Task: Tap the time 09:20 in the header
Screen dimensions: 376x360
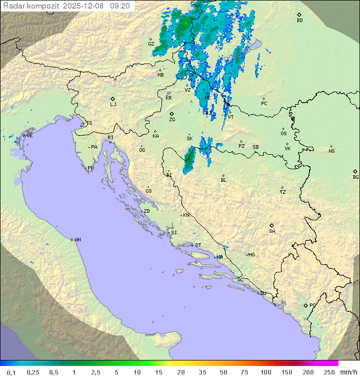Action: pyautogui.click(x=120, y=6)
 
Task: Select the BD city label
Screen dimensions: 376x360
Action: pyautogui.click(x=299, y=21)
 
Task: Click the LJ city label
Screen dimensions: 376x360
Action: pyautogui.click(x=113, y=105)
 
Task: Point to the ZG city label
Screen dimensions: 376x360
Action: pyautogui.click(x=172, y=120)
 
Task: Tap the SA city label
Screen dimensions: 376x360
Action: pyautogui.click(x=272, y=231)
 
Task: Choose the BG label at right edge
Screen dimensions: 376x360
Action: pyautogui.click(x=355, y=177)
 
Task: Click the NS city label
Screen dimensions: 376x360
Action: pyautogui.click(x=331, y=151)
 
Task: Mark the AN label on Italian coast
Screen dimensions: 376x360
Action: pyautogui.click(x=77, y=240)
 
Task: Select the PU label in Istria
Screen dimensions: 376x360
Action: pyautogui.click(x=90, y=168)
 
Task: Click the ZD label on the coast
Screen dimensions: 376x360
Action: pyautogui.click(x=146, y=211)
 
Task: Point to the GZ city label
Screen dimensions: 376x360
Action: pyautogui.click(x=151, y=44)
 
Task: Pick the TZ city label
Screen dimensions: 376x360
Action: pyautogui.click(x=283, y=192)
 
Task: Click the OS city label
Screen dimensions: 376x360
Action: pyautogui.click(x=283, y=134)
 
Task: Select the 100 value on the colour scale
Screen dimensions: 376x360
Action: pyautogui.click(x=265, y=372)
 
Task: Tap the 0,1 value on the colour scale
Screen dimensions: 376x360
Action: pyautogui.click(x=11, y=372)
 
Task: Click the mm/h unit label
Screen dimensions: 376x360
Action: pyautogui.click(x=347, y=372)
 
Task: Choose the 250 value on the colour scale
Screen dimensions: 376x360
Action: pyautogui.click(x=329, y=372)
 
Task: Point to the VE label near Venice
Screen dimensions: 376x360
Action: pyautogui.click(x=29, y=136)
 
